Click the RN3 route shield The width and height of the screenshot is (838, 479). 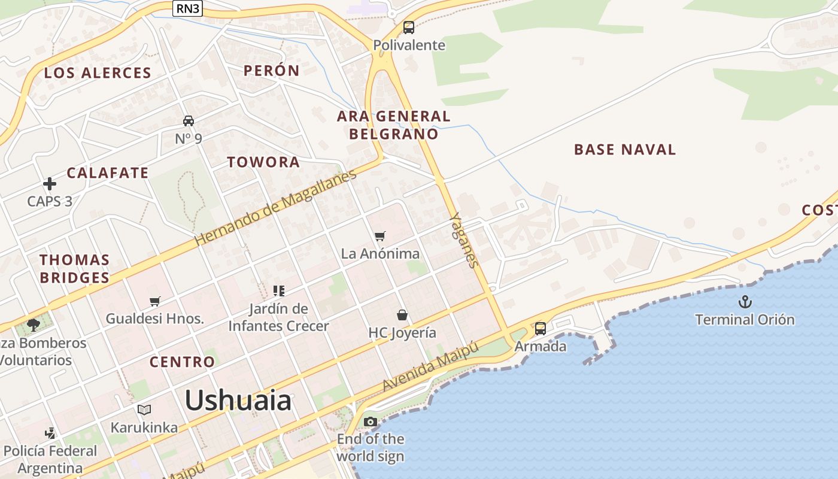point(188,8)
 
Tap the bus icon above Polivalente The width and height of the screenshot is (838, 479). point(409,28)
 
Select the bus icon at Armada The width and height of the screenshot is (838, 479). point(541,328)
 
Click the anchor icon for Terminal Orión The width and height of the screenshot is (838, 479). point(745,302)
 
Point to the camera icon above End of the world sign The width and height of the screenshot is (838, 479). point(371,422)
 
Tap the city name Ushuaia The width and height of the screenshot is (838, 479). point(238,400)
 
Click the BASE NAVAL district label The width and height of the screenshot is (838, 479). point(625,150)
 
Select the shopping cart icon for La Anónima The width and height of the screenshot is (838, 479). point(380,236)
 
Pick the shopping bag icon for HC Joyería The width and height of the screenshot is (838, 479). point(402,315)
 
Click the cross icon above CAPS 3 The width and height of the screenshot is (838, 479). point(50,184)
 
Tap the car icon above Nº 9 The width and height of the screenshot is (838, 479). point(189,121)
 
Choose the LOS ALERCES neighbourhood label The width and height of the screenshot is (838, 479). point(98,73)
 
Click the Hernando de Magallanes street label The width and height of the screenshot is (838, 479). point(275,207)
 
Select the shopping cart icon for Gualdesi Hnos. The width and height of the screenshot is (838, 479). point(155,301)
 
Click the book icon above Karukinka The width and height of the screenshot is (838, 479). point(144,410)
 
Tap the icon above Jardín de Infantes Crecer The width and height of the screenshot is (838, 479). point(278,291)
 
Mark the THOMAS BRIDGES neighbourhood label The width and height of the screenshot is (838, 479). point(75,269)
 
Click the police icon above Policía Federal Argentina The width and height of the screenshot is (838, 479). point(50,432)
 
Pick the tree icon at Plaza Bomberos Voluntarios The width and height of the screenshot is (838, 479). point(34,325)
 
